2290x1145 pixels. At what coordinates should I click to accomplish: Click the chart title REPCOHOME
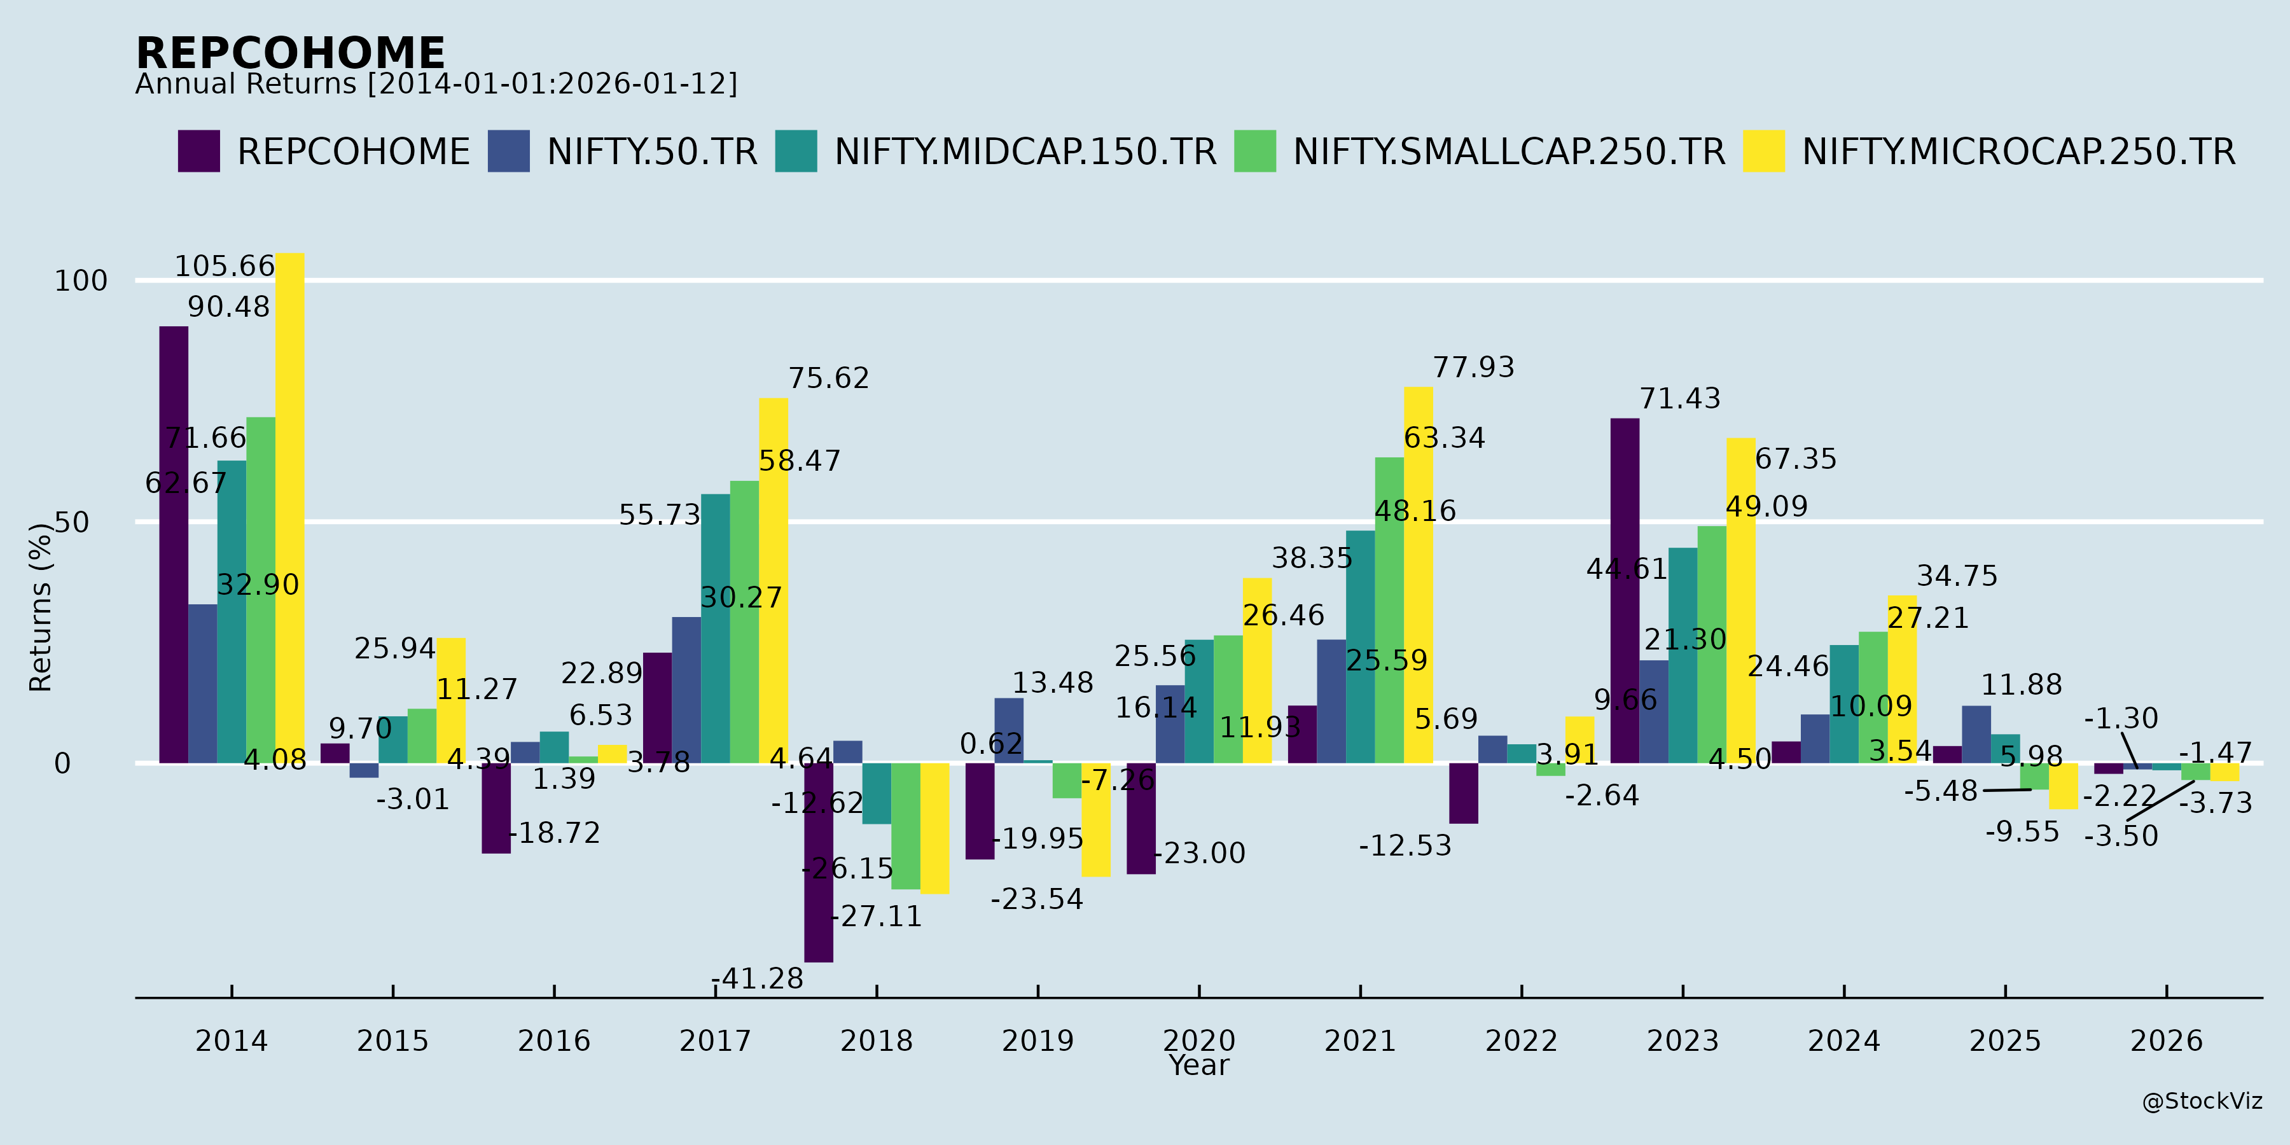click(x=290, y=53)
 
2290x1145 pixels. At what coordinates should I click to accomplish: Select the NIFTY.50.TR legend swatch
click(x=508, y=151)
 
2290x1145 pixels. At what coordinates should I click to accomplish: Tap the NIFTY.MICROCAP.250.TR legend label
click(x=2018, y=152)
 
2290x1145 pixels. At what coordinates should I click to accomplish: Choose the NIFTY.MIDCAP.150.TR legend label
click(x=1025, y=152)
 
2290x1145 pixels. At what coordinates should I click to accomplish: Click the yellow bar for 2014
click(x=290, y=508)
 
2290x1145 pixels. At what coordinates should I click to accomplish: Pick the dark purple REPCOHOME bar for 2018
click(x=819, y=863)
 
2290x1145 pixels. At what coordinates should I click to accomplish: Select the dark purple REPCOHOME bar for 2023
click(x=1625, y=590)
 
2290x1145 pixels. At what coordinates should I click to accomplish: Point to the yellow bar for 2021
click(x=1419, y=574)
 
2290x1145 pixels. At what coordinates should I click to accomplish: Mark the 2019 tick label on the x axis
click(x=1037, y=1040)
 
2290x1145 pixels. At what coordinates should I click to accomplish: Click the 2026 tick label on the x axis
click(x=2167, y=1040)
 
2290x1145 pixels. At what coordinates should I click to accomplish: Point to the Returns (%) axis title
click(x=41, y=607)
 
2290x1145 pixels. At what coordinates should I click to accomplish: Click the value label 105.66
click(x=224, y=266)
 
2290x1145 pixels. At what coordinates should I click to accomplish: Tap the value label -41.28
click(x=758, y=979)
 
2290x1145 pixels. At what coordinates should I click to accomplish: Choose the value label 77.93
click(x=1473, y=367)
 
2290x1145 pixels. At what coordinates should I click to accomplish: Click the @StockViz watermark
click(x=2202, y=1102)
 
